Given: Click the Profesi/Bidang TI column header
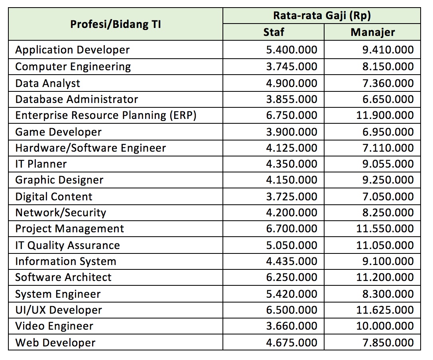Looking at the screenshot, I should [116, 24].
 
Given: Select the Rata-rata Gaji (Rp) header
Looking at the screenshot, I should [322, 16].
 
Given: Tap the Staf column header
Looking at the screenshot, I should [274, 32].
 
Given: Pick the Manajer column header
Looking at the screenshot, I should [373, 32].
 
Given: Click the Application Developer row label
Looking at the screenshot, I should [73, 50].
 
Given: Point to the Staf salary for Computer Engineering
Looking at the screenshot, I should [291, 66].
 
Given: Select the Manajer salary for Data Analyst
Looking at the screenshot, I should [388, 83].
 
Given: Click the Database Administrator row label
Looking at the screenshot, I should [77, 99].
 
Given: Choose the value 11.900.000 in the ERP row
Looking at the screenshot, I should [385, 115].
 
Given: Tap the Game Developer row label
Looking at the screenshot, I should [59, 132].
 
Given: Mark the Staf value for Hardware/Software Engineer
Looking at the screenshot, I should [291, 148].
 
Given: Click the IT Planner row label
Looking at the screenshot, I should [41, 164].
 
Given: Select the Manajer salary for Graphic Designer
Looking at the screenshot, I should [388, 180].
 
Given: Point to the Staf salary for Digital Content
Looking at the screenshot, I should [291, 196].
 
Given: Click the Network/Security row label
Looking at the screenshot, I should [61, 213].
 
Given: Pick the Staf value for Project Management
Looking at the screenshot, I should [291, 229].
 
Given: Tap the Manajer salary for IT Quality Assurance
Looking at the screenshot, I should [385, 245].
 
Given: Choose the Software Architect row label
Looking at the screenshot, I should [63, 277].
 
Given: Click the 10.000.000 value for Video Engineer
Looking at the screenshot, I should [385, 326].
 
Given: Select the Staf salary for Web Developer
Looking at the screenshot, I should [291, 342].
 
